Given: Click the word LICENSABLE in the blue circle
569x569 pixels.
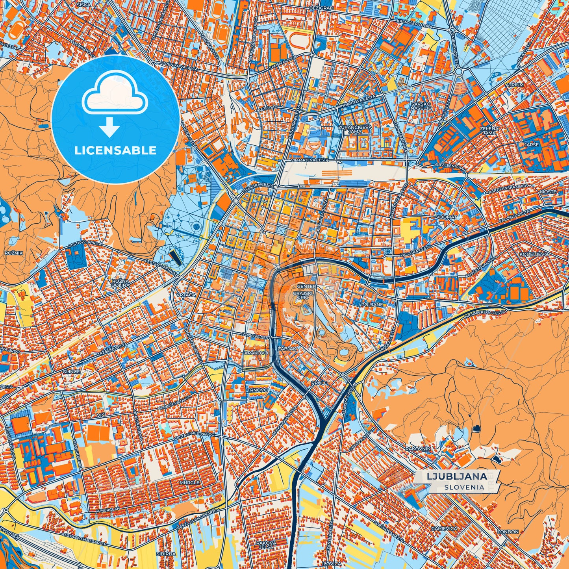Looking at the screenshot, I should coord(115,150).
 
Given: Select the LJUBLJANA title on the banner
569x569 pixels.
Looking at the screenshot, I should coord(456,476).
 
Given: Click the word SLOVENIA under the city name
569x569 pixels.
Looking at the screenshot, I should coord(464,487).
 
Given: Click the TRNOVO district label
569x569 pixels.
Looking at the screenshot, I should coord(258,390).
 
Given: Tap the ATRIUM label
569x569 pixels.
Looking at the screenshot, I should coord(514,85).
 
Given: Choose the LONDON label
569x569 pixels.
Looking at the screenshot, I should coord(508,532).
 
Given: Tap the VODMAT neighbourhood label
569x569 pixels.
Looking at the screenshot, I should coord(446,217).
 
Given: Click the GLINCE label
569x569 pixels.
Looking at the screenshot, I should coord(71,371).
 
